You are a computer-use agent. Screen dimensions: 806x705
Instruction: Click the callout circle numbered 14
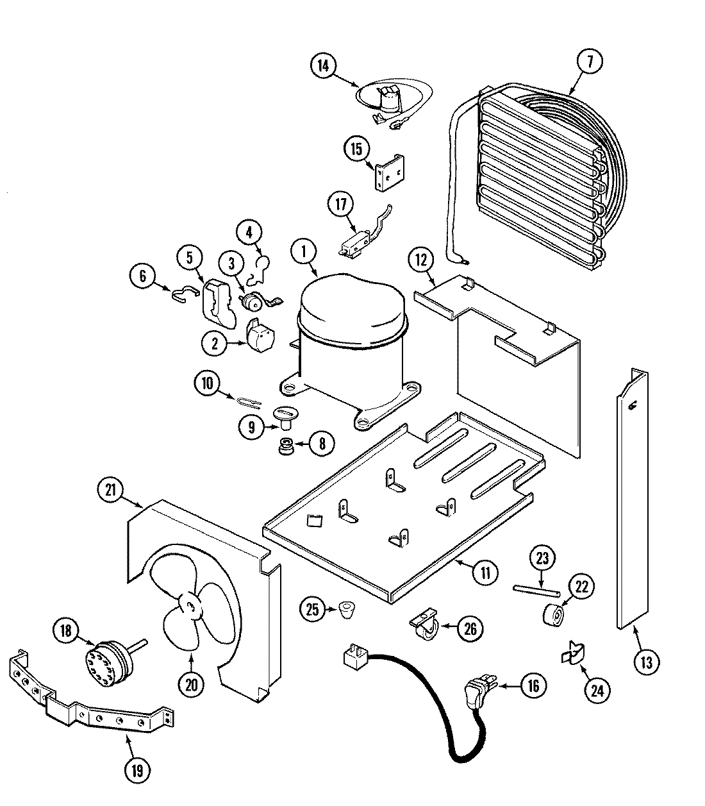coord(324,65)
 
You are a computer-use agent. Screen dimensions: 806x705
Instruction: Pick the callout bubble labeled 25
coord(312,610)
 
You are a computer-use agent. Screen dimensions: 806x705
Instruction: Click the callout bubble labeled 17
coord(341,205)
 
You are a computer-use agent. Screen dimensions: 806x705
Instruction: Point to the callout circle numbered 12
coord(420,260)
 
